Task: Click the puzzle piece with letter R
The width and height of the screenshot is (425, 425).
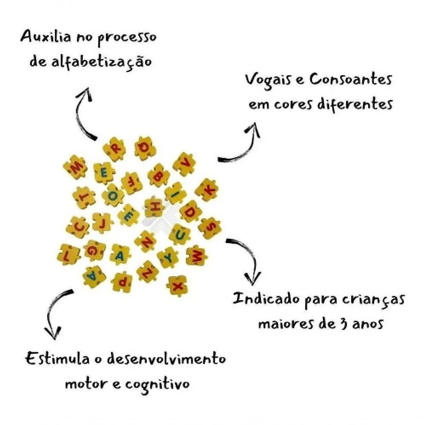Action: coord(114,149)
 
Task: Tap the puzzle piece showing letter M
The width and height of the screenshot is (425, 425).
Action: coord(76,167)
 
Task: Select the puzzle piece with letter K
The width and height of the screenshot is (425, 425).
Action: coord(207,190)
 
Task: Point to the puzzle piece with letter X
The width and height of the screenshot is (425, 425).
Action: coord(177,286)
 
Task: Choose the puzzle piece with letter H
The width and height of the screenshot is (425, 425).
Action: coord(154,207)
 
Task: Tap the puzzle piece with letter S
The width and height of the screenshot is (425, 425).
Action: coord(210,228)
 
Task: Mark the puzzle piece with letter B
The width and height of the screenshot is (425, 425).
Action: coord(159,176)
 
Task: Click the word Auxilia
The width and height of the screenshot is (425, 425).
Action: coord(46,37)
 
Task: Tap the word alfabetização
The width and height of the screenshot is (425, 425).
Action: coord(101,62)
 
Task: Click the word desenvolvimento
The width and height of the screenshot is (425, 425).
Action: coord(166,359)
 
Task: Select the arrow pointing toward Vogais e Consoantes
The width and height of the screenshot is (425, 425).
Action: coord(244,152)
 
